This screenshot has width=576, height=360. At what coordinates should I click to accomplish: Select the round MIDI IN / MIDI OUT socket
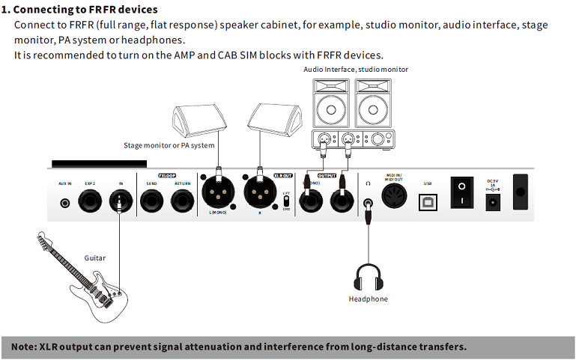click(x=394, y=196)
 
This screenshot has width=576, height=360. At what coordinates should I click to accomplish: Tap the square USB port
click(x=428, y=199)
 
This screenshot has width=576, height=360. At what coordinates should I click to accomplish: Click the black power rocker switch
click(x=461, y=192)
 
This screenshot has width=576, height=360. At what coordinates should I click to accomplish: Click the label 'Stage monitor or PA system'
click(x=169, y=145)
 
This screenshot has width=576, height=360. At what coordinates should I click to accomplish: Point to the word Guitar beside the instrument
click(x=94, y=258)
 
